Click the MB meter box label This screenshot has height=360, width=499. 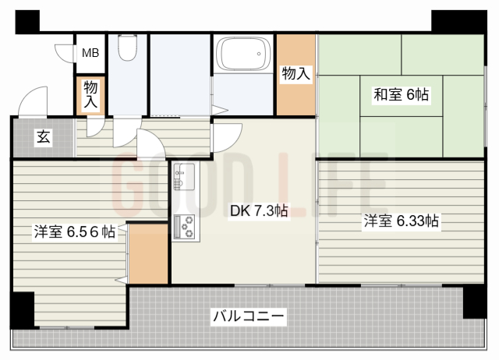[90, 53]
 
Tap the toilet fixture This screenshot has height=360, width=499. [127, 48]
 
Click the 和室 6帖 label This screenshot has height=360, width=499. [401, 94]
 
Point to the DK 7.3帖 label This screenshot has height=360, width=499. [259, 210]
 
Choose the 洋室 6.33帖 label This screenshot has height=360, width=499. [402, 221]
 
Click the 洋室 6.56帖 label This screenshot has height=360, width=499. [75, 231]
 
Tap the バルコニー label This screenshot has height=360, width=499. [249, 316]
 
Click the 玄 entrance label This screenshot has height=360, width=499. [44, 137]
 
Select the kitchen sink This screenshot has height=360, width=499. [184, 177]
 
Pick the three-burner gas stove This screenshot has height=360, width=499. [186, 227]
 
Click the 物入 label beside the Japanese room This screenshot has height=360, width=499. [296, 74]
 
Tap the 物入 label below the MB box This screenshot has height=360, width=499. [90, 94]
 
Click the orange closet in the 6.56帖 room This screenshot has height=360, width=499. [149, 253]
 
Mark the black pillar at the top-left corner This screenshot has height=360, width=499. [27, 22]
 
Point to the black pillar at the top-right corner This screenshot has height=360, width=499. [459, 22]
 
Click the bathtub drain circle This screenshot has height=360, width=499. [259, 54]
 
